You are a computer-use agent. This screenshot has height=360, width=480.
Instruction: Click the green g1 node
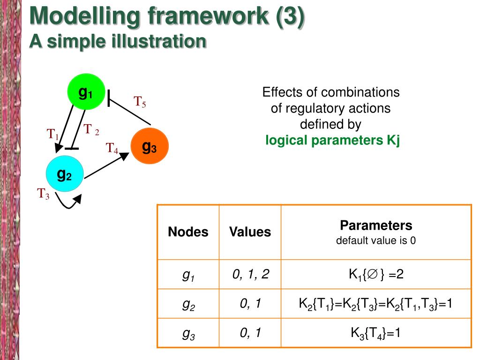85,92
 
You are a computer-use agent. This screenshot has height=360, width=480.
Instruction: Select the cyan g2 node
64,174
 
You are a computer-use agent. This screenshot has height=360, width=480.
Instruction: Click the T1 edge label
52,134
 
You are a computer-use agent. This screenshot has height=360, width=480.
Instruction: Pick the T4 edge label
112,149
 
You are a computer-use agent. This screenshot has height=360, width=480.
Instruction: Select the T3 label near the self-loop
44,193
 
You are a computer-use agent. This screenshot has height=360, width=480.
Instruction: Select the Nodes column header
188,232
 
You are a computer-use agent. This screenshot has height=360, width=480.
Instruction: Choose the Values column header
250,232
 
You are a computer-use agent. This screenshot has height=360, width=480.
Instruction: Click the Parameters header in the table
376,226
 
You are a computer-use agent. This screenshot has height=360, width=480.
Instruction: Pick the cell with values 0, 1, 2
250,275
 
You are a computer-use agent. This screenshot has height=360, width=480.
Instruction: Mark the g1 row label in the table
188,276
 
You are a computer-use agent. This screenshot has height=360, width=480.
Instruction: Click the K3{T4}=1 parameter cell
376,333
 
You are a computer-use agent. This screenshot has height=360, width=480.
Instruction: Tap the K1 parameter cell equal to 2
376,275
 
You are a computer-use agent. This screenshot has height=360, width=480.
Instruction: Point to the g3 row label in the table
188,334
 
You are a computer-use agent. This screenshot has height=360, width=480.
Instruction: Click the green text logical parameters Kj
332,140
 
